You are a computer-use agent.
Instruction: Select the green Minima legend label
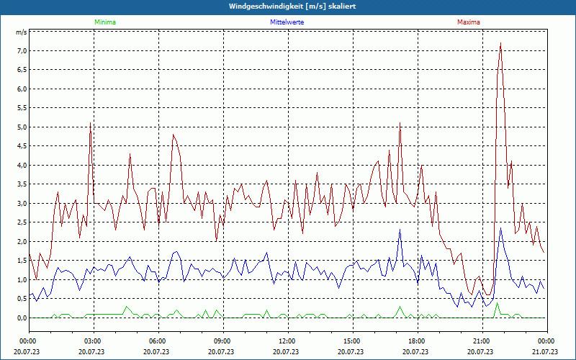point(104,22)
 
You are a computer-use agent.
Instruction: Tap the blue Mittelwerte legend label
point(287,22)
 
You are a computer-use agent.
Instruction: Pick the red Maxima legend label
point(468,22)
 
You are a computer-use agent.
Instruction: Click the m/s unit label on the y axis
point(22,32)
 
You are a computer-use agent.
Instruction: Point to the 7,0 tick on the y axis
point(22,51)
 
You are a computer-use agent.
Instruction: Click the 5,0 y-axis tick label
point(22,127)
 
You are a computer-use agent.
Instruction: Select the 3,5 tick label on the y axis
point(22,184)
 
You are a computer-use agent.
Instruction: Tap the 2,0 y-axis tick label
point(22,242)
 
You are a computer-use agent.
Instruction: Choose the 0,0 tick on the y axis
point(22,318)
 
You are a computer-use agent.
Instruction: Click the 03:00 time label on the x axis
point(92,341)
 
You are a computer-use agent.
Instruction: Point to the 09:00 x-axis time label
point(222,341)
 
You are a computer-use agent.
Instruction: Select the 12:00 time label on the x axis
point(287,341)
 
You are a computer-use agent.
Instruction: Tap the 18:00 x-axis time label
point(416,341)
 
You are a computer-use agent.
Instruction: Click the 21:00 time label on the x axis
point(481,341)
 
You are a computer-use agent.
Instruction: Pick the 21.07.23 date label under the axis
point(546,351)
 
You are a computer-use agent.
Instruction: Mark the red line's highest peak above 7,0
point(500,44)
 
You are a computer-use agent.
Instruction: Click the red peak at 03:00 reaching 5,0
point(91,124)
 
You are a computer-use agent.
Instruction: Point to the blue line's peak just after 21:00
point(500,228)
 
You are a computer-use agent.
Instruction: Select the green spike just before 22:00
point(497,303)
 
